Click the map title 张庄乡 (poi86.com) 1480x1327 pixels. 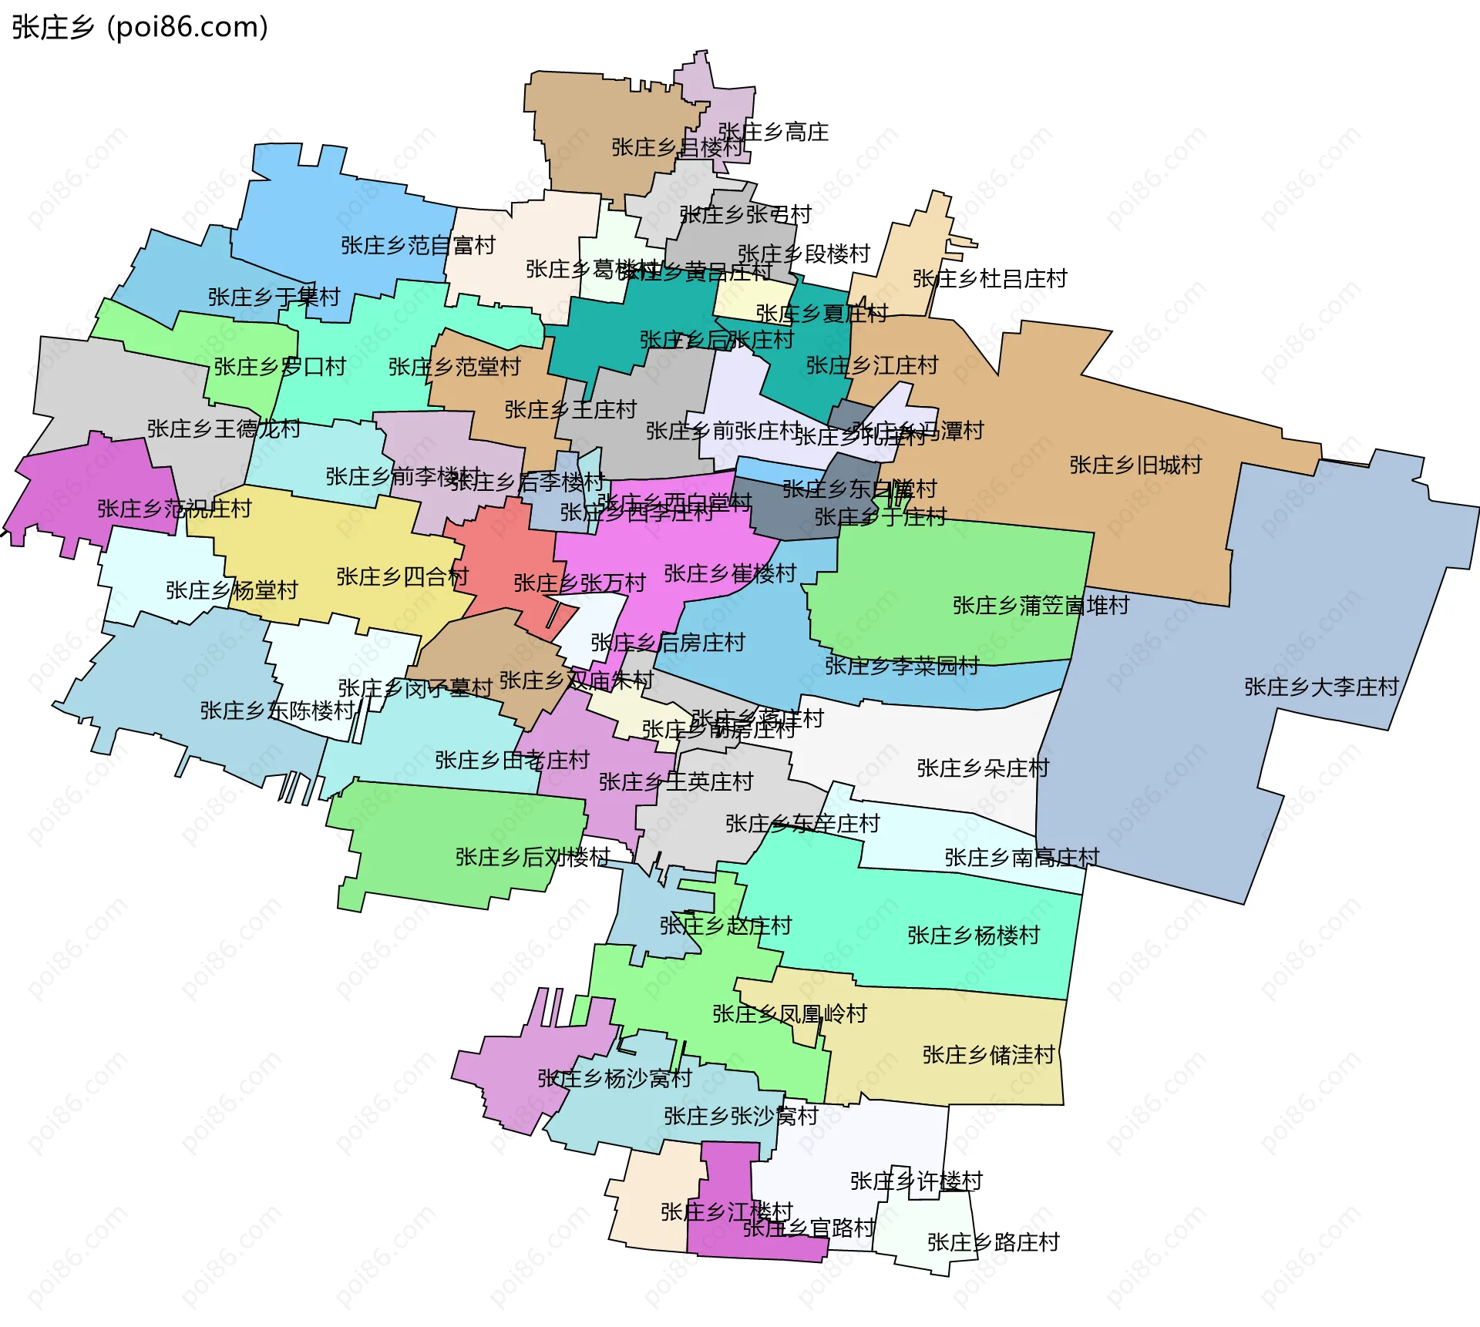140,27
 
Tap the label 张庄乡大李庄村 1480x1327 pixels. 1320,687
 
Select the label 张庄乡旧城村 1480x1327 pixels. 1135,465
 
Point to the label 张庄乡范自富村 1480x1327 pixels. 418,246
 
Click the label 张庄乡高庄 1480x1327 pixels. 773,132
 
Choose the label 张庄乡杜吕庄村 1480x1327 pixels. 990,279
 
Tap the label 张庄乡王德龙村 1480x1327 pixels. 224,428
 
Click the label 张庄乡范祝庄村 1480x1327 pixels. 174,509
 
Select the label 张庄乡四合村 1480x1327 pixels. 402,576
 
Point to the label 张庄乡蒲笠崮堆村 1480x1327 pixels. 1041,606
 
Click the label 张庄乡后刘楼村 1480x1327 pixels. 533,857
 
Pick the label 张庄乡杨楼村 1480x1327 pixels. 974,936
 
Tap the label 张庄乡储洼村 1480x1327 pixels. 988,1055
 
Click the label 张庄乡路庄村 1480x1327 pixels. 993,1242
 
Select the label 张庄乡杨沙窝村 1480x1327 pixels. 614,1078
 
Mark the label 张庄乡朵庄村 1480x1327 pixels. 983,768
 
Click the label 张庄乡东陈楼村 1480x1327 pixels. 277,711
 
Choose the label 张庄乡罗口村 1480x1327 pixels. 280,367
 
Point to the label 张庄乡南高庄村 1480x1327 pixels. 1021,858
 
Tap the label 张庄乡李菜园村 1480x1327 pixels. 902,666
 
